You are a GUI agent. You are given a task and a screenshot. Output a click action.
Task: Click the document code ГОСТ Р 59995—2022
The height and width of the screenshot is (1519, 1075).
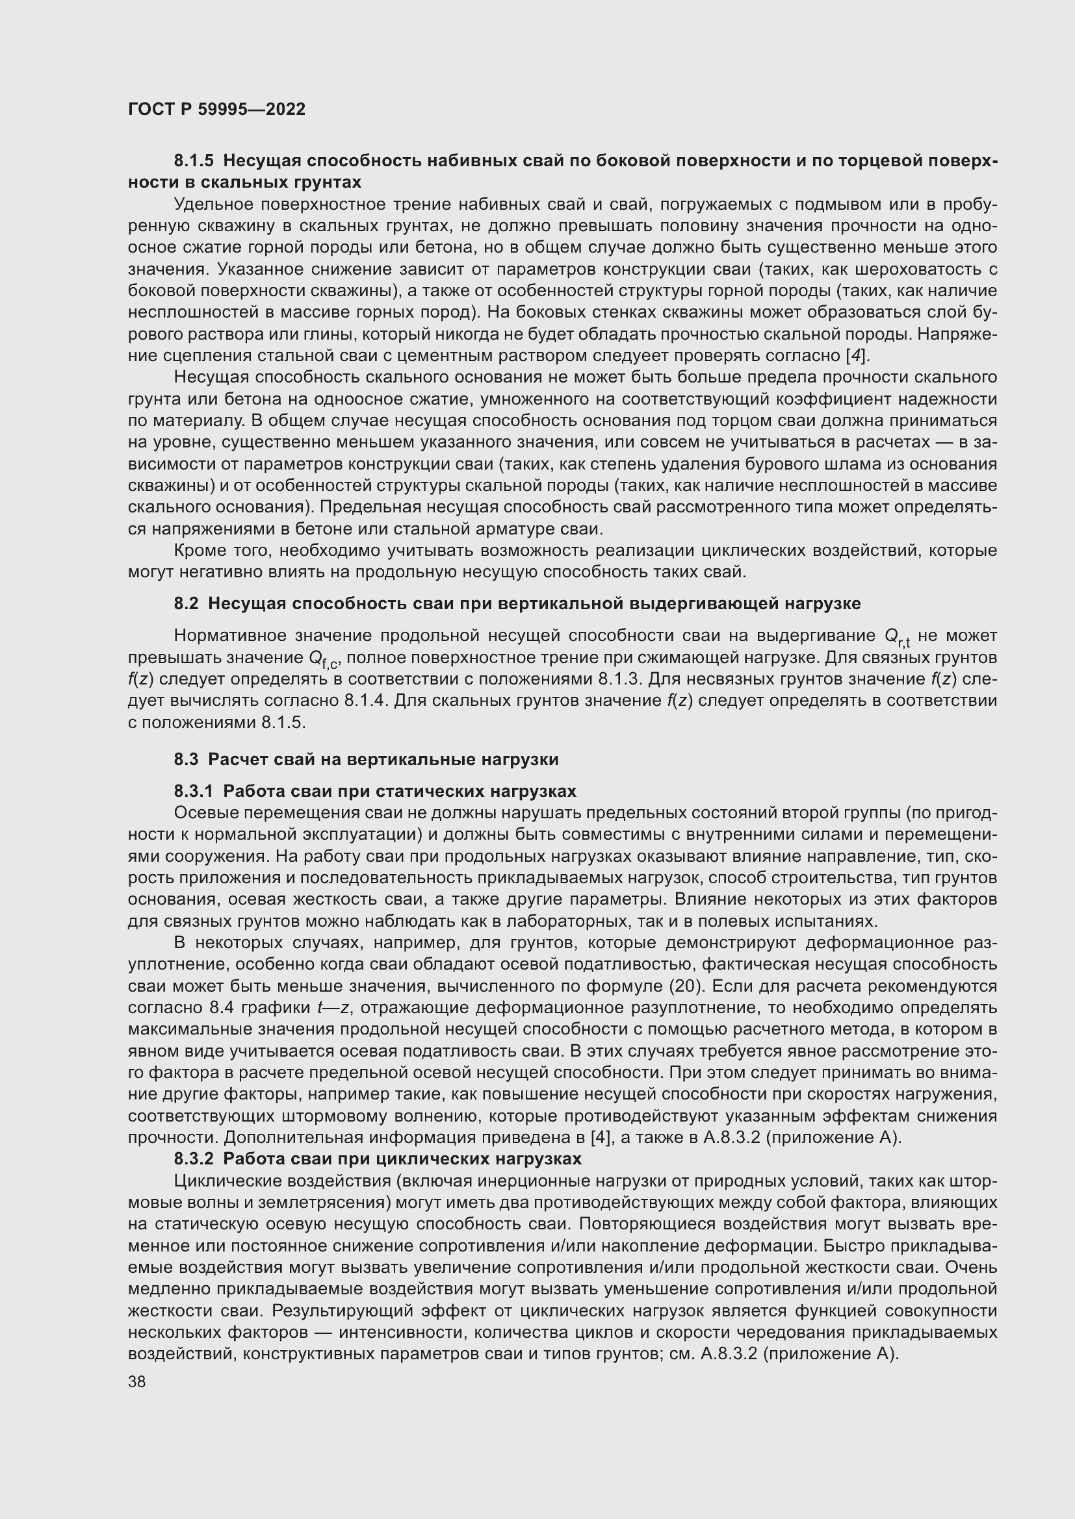click(216, 109)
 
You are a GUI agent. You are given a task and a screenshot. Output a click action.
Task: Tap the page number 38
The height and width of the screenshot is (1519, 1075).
click(137, 1381)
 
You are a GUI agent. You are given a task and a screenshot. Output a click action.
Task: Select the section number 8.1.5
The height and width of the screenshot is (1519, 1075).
click(194, 161)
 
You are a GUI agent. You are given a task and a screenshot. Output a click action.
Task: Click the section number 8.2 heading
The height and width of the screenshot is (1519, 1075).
click(186, 603)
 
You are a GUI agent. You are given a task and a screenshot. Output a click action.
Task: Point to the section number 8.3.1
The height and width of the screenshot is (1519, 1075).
click(194, 791)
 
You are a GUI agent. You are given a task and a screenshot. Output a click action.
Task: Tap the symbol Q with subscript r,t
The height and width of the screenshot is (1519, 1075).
click(896, 637)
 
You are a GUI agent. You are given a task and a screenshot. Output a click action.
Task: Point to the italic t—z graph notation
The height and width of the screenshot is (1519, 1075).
click(333, 1008)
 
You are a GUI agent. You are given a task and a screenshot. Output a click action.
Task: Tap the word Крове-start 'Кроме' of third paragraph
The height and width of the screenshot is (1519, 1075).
click(198, 551)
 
